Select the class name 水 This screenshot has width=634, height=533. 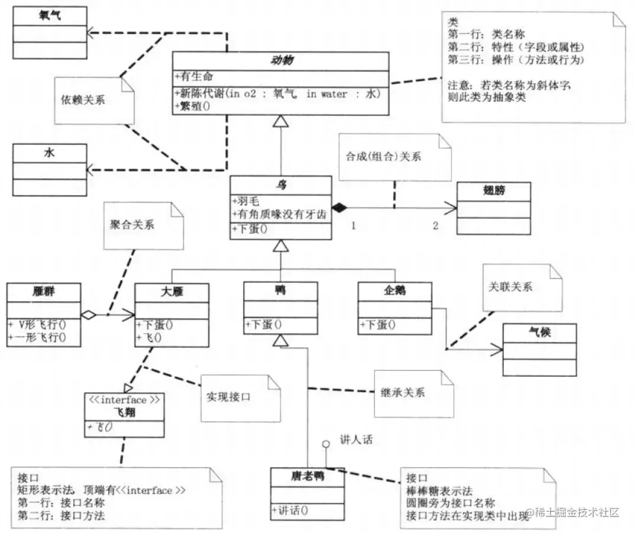click(x=49, y=153)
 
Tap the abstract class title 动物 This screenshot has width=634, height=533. click(x=282, y=61)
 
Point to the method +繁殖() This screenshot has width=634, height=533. click(x=192, y=105)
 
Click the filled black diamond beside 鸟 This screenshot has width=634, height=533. click(x=338, y=207)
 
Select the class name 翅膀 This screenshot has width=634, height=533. click(x=493, y=192)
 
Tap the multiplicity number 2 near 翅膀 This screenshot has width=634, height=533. click(x=435, y=226)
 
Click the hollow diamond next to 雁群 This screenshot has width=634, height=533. click(x=88, y=315)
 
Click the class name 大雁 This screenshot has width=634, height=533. click(x=172, y=292)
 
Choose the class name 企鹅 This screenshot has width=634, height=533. click(x=394, y=290)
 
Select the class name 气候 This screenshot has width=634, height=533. click(x=539, y=332)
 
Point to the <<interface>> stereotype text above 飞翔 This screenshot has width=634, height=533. click(x=124, y=400)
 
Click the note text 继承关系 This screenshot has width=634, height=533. click(x=407, y=392)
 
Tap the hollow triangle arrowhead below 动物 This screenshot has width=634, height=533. click(x=281, y=121)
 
